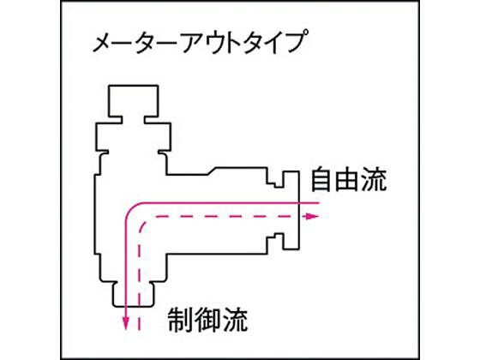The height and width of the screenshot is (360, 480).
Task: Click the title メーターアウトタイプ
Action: click(198, 42)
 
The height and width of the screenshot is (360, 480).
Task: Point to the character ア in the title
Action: click(193, 43)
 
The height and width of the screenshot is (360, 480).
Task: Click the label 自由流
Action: click(348, 179)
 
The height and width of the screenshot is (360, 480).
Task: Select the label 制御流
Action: click(207, 320)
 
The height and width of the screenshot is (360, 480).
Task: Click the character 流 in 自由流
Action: click(374, 179)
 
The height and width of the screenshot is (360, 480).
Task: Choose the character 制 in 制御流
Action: click(180, 320)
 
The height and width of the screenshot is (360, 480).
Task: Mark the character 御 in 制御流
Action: click(207, 320)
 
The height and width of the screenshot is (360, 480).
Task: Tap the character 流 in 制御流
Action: click(235, 320)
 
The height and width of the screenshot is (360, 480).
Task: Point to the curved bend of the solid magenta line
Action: click(131, 208)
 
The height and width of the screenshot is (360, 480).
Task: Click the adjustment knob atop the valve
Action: click(133, 100)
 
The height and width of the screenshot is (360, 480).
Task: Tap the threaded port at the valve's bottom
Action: click(133, 295)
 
